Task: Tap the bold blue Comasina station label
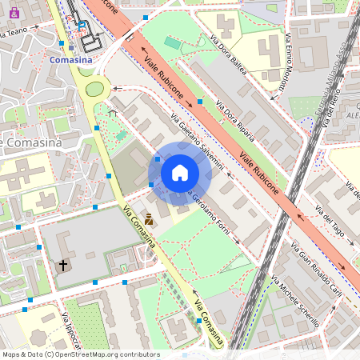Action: click(x=70, y=60)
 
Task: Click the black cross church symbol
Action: click(x=63, y=264)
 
